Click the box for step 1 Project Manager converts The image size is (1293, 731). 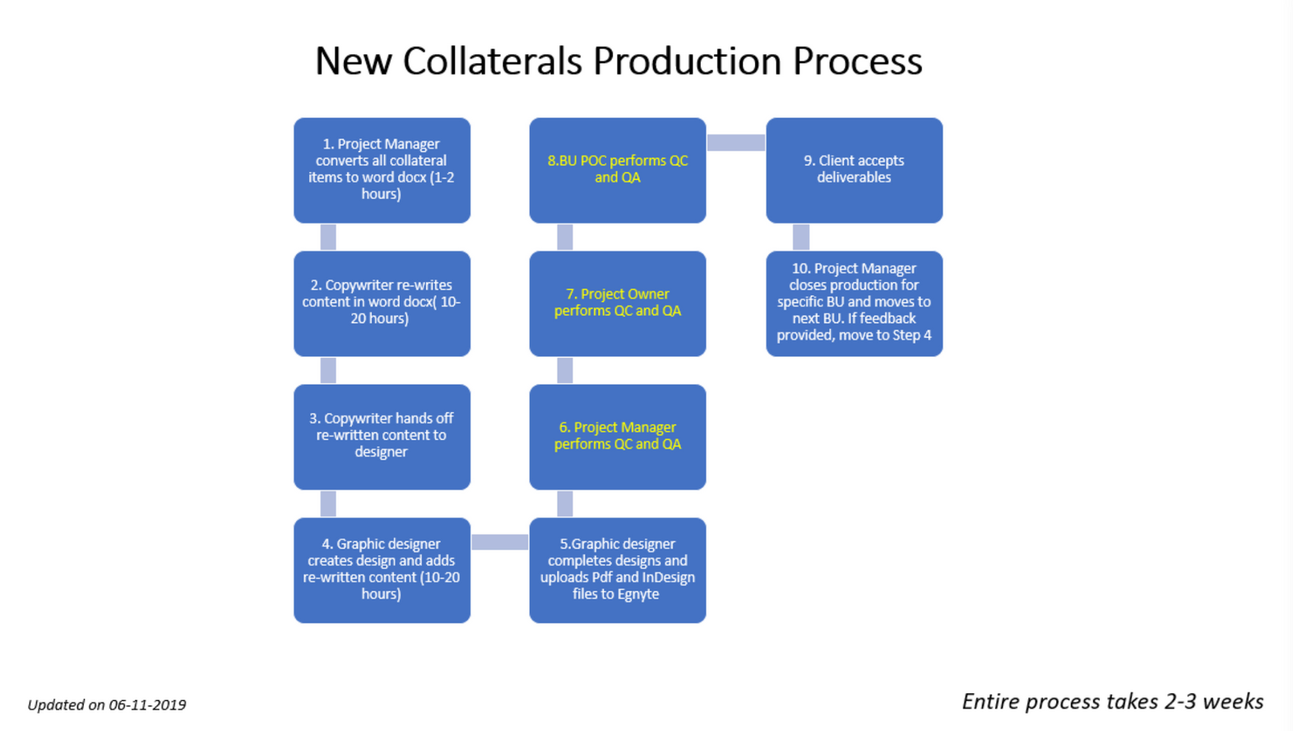pos(382,170)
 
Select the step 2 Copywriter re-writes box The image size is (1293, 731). pos(382,303)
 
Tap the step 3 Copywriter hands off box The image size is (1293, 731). pos(382,437)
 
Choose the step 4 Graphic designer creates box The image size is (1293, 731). pos(382,570)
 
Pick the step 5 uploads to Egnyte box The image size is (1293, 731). pos(618,570)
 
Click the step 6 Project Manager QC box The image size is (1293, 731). pos(618,437)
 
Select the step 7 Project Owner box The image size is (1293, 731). pos(618,303)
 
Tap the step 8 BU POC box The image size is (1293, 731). pos(618,170)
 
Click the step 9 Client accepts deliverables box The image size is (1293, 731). pos(855,170)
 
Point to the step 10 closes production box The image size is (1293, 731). pos(855,303)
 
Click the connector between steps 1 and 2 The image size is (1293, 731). pos(328,237)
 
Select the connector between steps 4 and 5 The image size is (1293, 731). pos(500,542)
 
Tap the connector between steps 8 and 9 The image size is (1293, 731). pos(736,142)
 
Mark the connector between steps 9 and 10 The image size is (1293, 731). pos(800,237)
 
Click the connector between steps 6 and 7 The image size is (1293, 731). pos(564,370)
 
